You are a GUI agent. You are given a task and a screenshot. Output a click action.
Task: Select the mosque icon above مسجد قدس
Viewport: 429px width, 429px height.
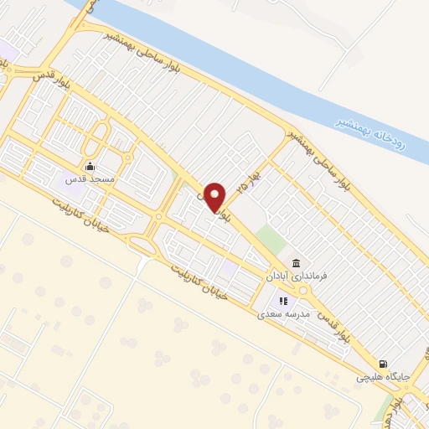(90, 165)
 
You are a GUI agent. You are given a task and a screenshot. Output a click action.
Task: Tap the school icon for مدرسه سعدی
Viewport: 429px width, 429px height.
(283, 300)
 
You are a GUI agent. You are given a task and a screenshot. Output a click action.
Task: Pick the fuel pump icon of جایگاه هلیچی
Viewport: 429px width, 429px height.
(383, 364)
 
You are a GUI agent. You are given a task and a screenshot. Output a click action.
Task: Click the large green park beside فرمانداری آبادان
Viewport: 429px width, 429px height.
(271, 240)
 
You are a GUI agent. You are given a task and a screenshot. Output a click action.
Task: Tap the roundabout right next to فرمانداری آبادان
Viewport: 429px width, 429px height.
(302, 289)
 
